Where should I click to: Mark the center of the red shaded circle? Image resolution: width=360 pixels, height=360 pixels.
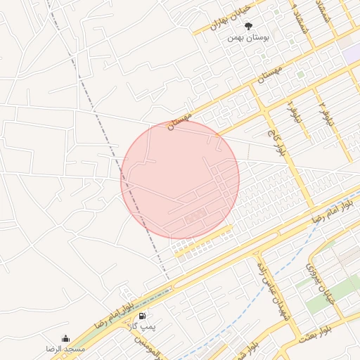click(180, 179)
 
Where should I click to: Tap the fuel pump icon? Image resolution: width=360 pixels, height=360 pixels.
click(143, 317)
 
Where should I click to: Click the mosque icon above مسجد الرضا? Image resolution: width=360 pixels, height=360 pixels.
click(65, 338)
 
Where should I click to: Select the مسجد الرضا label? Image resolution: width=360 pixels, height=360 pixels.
click(65, 349)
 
